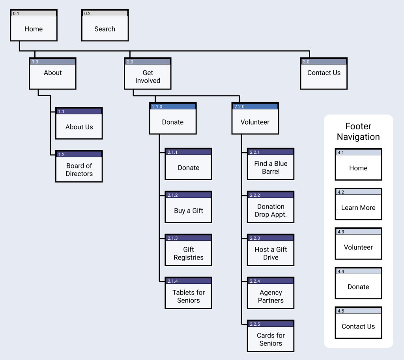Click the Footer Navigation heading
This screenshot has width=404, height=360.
click(x=358, y=132)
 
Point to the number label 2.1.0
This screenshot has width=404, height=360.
click(x=157, y=106)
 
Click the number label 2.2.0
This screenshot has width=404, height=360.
click(x=239, y=106)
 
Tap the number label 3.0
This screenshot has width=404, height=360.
click(x=306, y=62)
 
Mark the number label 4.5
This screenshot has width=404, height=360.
click(x=341, y=311)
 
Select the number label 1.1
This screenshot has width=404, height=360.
click(x=61, y=112)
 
